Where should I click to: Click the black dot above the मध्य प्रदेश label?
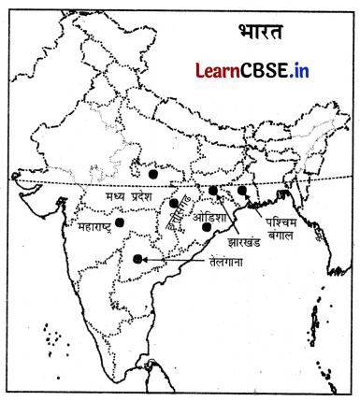point(152,172)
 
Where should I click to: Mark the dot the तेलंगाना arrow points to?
point(139,259)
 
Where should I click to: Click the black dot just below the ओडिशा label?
point(207,228)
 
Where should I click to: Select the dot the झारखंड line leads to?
point(213,191)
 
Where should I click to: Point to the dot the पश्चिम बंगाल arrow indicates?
point(242,191)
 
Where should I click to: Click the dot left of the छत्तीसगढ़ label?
point(174,203)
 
